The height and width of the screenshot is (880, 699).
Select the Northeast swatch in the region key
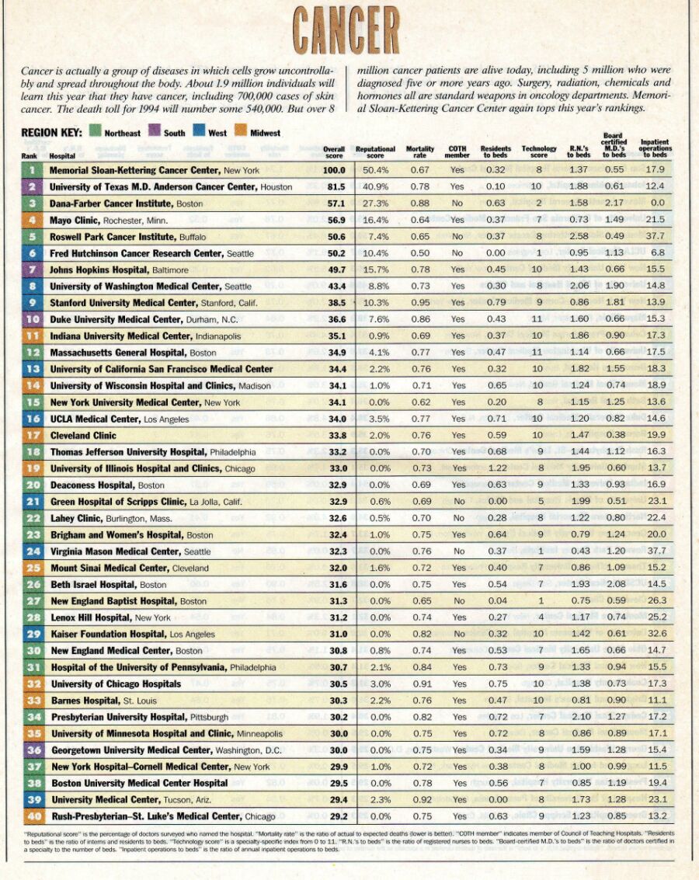[95, 133]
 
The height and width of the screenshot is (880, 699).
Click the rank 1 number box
[33, 170]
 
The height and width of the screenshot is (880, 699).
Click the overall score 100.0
[334, 170]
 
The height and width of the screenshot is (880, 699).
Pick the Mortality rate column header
[420, 151]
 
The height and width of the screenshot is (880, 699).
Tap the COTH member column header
[457, 151]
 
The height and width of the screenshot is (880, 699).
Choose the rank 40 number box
[33, 816]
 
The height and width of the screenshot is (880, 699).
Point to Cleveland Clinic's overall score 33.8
[334, 435]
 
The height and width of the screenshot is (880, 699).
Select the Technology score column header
[539, 151]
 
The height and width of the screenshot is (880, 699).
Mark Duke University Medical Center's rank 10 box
[33, 319]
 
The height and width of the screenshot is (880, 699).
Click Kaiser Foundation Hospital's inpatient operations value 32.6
[656, 634]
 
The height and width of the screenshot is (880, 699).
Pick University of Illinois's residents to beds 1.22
[496, 468]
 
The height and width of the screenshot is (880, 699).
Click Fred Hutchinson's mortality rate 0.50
[420, 253]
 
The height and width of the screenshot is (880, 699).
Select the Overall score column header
[334, 151]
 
